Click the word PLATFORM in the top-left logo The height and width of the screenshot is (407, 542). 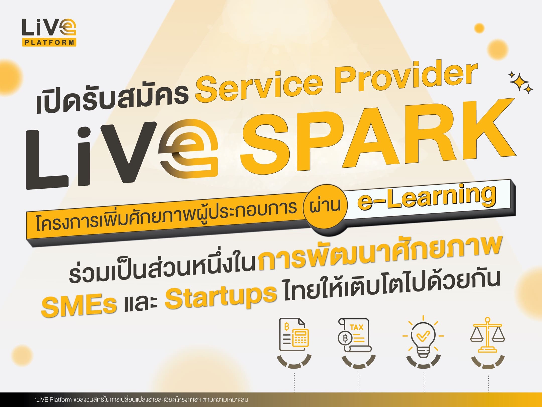(x=49, y=42)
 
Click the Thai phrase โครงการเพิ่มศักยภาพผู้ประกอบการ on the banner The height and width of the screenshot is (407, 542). (x=166, y=215)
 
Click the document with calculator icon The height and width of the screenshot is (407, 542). (x=294, y=335)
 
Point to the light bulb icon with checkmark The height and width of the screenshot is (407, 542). (x=423, y=336)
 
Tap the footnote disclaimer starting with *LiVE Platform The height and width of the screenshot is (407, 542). (x=141, y=399)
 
